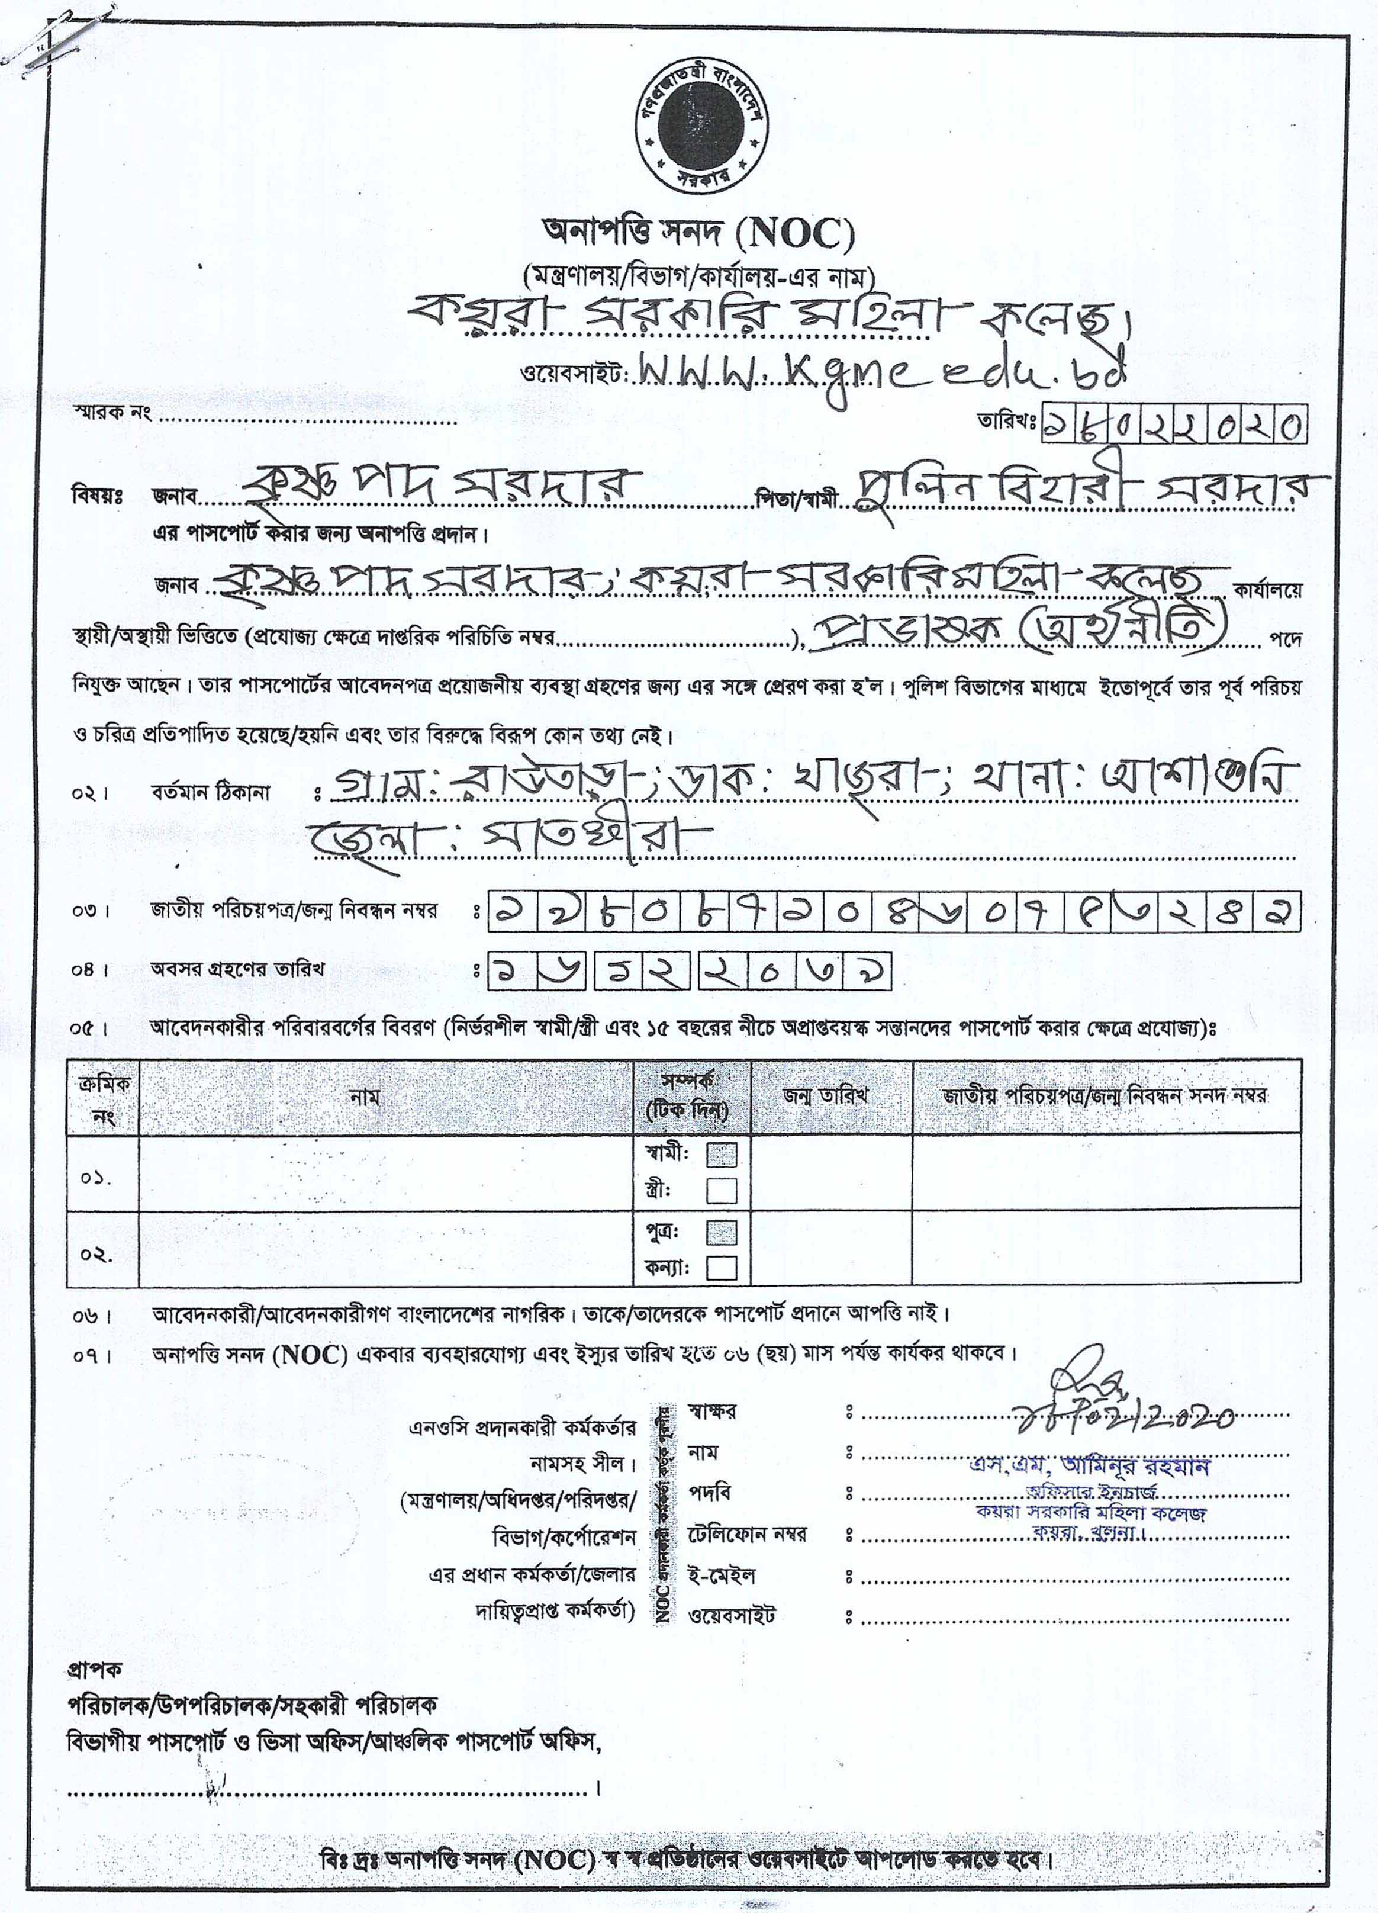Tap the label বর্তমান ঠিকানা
coord(210,793)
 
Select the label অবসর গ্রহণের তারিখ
coord(236,969)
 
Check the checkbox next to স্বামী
coord(721,1155)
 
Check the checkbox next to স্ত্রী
coord(721,1191)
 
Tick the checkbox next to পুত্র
coord(721,1233)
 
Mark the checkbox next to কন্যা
coord(721,1269)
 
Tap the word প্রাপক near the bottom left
coord(95,1668)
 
